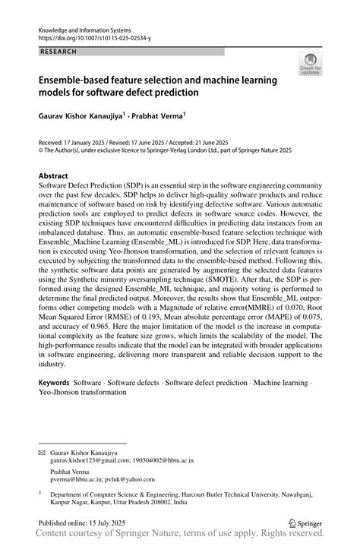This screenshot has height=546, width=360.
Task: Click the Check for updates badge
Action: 309,65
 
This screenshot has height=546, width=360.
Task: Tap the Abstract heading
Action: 58,175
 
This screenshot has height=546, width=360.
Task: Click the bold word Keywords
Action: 55,383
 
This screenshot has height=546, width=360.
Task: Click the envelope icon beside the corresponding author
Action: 42,452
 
